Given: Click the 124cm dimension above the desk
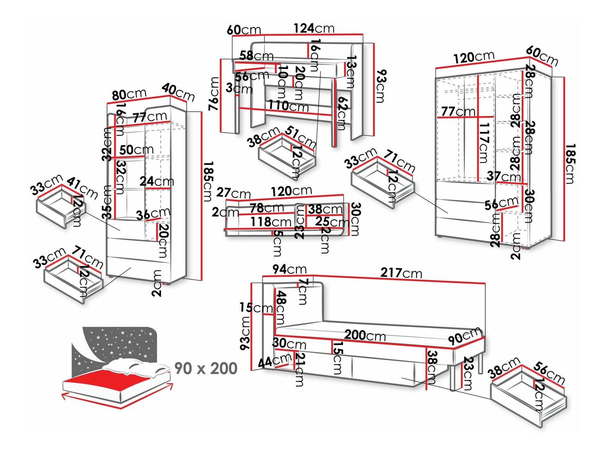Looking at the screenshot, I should click(x=314, y=28).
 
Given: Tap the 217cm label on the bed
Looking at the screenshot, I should click(x=401, y=273).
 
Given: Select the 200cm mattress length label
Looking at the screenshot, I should click(x=365, y=335).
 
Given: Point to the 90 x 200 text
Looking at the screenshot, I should click(x=206, y=369).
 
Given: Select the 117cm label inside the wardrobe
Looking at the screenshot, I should click(x=484, y=142).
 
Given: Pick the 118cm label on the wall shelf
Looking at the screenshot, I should click(x=271, y=222).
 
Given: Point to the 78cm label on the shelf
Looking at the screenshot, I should click(x=267, y=208).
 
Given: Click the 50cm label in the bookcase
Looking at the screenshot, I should click(x=136, y=150).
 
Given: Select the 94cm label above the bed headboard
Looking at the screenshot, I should click(x=289, y=269).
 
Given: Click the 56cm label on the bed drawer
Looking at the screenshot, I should click(x=549, y=373).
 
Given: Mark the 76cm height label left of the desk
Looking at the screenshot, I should click(x=215, y=94).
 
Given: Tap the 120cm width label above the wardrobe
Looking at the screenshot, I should click(x=474, y=57).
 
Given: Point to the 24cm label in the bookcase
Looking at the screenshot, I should click(x=156, y=181).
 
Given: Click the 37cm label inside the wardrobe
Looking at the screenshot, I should click(x=503, y=176).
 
